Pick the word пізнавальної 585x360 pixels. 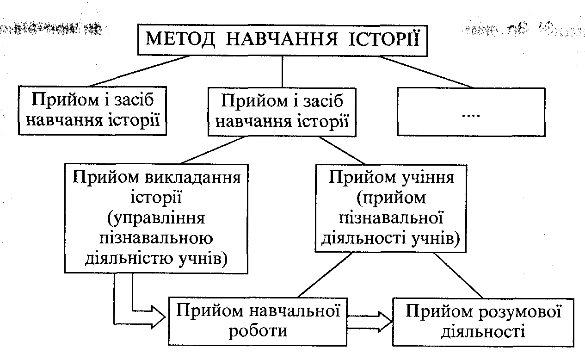pos(393,218)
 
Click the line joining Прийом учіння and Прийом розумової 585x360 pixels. pos(458,276)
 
